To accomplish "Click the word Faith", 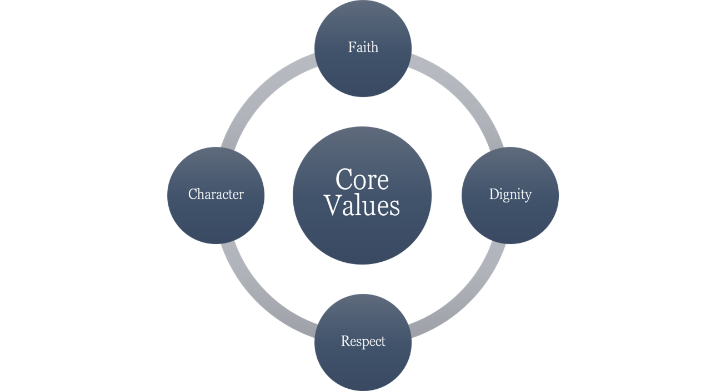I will pyautogui.click(x=363, y=48).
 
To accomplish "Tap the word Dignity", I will pyautogui.click(x=510, y=194).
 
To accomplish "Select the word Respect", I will pyautogui.click(x=363, y=341).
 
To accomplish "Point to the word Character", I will pyautogui.click(x=216, y=194).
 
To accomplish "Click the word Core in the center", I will pyautogui.click(x=362, y=179).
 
